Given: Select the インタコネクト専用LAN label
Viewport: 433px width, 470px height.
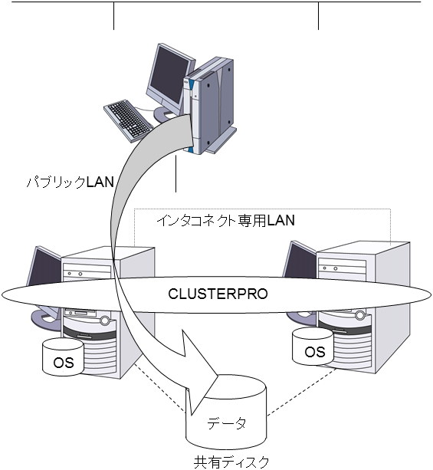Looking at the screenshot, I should click(x=226, y=220).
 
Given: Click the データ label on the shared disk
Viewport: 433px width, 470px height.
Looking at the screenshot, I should click(x=228, y=422).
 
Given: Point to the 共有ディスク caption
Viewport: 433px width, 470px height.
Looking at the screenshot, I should click(x=232, y=462).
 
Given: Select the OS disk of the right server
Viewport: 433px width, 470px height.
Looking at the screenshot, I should click(x=314, y=350).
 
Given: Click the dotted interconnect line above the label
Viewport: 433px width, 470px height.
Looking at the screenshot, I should click(x=261, y=209).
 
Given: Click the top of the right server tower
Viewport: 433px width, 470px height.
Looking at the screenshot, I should click(x=360, y=245).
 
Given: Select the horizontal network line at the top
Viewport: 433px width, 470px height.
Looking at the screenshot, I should click(x=215, y=2).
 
